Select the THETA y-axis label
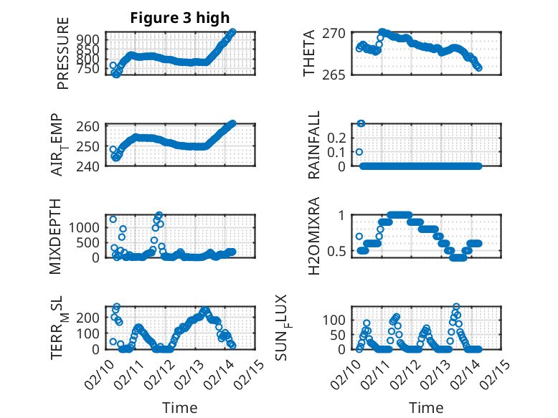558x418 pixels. [x=309, y=54]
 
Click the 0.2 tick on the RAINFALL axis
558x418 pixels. [x=337, y=137]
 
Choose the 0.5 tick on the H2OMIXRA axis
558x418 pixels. [x=337, y=251]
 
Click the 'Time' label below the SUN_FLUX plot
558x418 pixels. [x=425, y=408]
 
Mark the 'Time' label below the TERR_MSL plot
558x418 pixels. [x=179, y=408]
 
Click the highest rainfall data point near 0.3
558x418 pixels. [x=361, y=123]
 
